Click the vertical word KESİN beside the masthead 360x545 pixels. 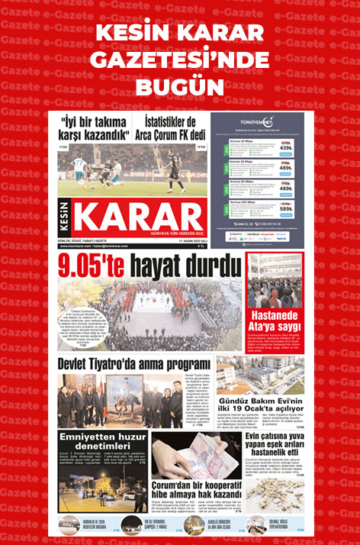pyautogui.click(x=66, y=217)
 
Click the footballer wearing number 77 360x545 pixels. pyautogui.click(x=79, y=169)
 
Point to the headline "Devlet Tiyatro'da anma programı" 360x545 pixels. pyautogui.click(x=133, y=363)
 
